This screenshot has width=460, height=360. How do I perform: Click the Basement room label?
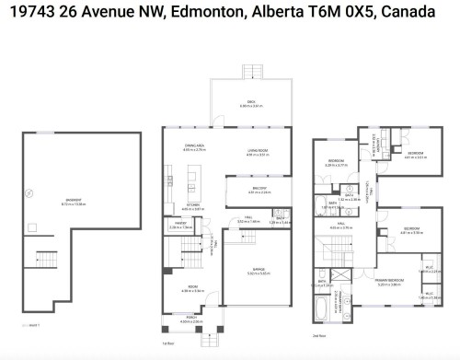point(75,200)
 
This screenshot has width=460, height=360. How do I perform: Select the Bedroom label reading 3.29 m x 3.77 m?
point(337,161)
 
